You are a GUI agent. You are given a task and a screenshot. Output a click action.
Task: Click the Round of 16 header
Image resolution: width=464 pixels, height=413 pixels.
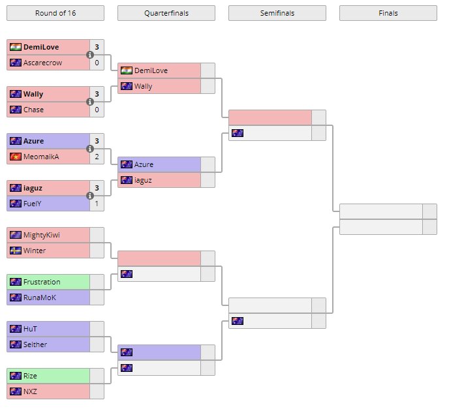pyautogui.click(x=55, y=13)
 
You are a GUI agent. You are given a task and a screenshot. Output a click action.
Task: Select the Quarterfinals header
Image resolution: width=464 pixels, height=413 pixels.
pyautogui.click(x=166, y=13)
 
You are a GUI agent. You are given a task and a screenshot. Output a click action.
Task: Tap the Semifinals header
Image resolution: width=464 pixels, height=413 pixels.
pyautogui.click(x=277, y=13)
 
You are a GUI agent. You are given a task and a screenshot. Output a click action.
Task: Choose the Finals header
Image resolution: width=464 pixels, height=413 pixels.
pyautogui.click(x=388, y=13)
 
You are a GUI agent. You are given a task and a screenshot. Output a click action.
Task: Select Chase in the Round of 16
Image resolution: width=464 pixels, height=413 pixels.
pyautogui.click(x=34, y=110)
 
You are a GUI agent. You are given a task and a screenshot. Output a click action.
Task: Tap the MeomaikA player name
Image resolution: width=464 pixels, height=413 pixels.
pyautogui.click(x=41, y=157)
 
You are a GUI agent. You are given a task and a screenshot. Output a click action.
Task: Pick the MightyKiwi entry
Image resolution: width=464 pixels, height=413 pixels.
pyautogui.click(x=41, y=235)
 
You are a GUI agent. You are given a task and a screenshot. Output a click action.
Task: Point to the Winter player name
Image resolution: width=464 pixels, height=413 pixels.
pyautogui.click(x=35, y=251)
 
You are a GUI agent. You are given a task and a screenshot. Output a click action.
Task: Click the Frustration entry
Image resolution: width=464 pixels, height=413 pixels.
pyautogui.click(x=42, y=282)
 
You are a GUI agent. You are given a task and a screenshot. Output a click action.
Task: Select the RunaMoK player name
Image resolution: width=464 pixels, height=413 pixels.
pyautogui.click(x=39, y=298)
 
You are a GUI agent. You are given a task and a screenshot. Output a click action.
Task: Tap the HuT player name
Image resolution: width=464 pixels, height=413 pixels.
pyautogui.click(x=31, y=329)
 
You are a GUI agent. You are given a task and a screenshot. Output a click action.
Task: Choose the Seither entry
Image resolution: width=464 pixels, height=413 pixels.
pyautogui.click(x=35, y=344)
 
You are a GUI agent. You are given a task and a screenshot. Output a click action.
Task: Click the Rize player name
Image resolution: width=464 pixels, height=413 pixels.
pyautogui.click(x=31, y=376)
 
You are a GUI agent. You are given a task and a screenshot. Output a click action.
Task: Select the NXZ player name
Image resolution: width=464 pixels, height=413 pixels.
pyautogui.click(x=31, y=391)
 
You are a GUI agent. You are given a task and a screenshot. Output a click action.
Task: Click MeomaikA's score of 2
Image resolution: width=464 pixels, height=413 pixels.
pyautogui.click(x=97, y=157)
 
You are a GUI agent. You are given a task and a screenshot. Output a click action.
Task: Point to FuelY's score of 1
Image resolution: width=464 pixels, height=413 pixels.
pyautogui.click(x=97, y=204)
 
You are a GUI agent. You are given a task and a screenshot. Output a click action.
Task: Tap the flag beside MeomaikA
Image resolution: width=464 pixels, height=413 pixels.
pyautogui.click(x=16, y=157)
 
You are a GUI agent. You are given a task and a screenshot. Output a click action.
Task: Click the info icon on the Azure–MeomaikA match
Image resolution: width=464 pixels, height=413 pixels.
pyautogui.click(x=90, y=149)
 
